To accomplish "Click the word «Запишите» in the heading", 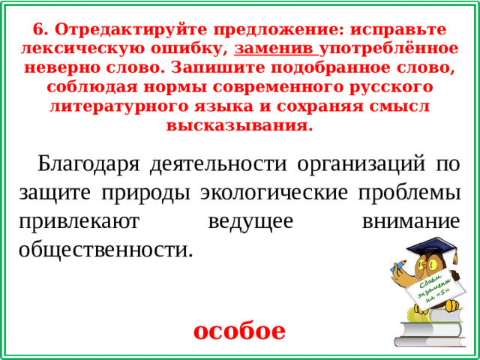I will pyautogui.click(x=287, y=67).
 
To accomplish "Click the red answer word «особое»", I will pyautogui.click(x=239, y=330).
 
